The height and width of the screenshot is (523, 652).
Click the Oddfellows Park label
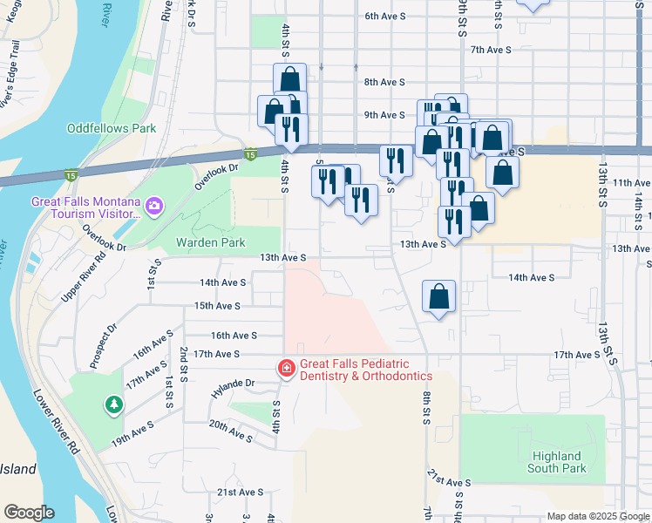click(112, 128)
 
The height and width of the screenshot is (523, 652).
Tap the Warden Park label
click(210, 242)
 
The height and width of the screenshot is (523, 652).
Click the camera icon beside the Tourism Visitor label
click(154, 206)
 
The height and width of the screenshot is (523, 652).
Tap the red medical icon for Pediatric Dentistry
click(285, 370)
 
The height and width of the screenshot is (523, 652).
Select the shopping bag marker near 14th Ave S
click(439, 297)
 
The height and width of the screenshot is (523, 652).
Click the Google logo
click(29, 513)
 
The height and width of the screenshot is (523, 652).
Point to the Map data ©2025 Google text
click(598, 516)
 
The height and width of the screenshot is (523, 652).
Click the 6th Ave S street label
click(384, 16)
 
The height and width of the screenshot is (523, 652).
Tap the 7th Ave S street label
click(489, 50)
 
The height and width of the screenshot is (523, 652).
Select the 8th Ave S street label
click(384, 82)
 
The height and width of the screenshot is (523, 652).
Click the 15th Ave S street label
click(216, 306)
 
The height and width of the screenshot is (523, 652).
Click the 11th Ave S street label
click(632, 183)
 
